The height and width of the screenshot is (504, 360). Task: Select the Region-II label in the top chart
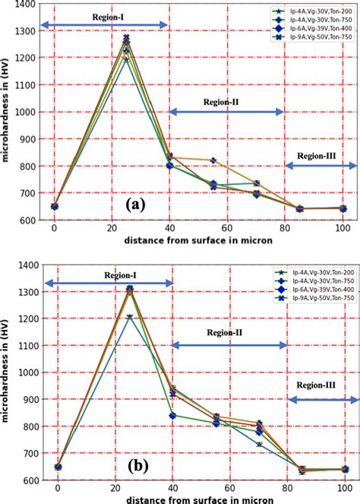tap(221, 101)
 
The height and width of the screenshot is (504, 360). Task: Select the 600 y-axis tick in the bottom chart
tap(28, 480)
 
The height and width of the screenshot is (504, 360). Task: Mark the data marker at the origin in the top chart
tap(54, 206)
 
